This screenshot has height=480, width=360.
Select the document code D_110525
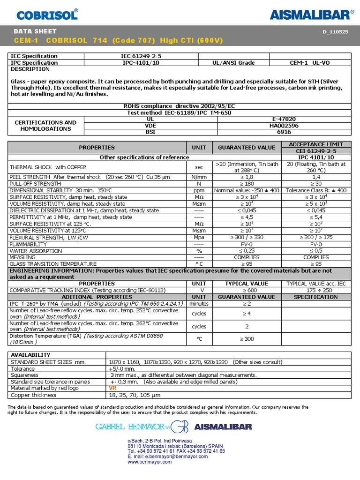click(336, 32)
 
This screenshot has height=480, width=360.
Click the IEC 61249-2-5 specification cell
click(141, 56)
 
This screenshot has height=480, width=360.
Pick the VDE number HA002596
click(284, 126)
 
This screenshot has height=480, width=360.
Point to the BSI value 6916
click(284, 133)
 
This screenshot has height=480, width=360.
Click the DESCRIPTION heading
click(30, 69)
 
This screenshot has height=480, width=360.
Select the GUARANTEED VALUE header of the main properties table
click(246, 148)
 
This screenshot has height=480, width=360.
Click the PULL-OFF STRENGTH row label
click(35, 184)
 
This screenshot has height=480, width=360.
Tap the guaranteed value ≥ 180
click(246, 184)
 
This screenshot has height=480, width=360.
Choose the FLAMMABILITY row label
click(28, 244)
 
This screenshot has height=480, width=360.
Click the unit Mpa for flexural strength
click(199, 238)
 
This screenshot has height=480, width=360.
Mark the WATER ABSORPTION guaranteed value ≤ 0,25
click(246, 251)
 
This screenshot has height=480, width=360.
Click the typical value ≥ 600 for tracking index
click(246, 290)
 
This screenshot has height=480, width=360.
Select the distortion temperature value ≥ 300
click(246, 339)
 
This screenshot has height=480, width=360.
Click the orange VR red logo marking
click(112, 389)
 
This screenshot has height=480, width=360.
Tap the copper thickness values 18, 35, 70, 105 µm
click(135, 395)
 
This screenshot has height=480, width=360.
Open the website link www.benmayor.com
click(150, 462)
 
